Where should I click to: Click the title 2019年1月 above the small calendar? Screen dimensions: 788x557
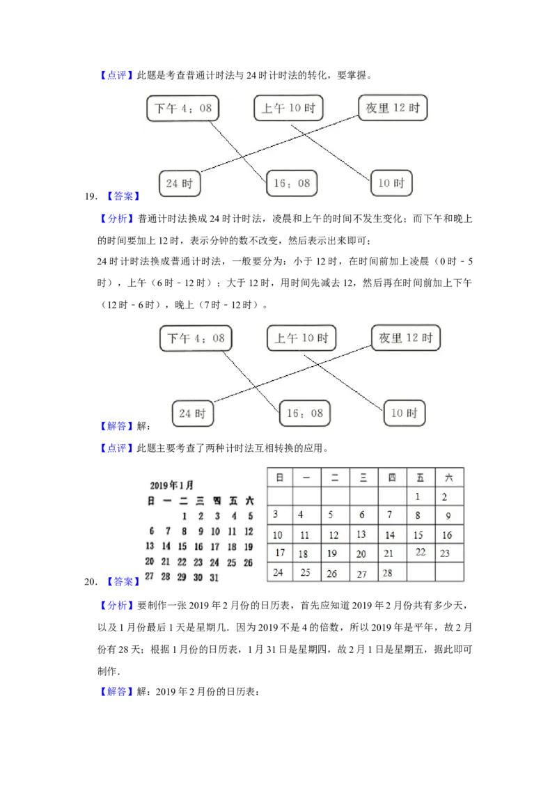pos(171,485)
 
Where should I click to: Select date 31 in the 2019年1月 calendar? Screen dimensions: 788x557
pos(214,578)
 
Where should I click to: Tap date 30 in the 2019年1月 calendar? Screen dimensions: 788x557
pos(198,578)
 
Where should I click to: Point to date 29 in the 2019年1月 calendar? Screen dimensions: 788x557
pos(182,578)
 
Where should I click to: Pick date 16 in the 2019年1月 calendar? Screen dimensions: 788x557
pos(198,547)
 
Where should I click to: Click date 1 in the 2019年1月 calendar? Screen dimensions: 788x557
pos(184,517)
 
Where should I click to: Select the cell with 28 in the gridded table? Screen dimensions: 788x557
pos(389,573)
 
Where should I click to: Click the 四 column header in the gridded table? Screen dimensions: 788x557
pos(392,478)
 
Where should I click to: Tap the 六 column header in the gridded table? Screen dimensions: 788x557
pos(449,478)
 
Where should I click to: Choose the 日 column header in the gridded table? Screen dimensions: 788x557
pos(279,478)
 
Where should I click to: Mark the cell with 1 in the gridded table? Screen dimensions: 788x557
pos(418,497)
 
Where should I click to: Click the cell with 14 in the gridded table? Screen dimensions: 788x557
pos(390,535)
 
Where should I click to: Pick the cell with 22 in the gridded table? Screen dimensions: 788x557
pos(421,552)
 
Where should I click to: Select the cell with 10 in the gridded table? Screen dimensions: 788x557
pos(278,535)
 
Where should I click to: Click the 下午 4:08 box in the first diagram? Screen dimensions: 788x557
pos(183,109)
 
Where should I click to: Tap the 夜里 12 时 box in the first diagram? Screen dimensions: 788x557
pos(393,108)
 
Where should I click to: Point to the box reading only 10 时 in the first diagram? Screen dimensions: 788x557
pos(391,183)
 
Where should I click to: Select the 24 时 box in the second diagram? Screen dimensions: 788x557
pos(193,413)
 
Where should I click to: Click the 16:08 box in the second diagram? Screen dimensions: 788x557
pos(305,413)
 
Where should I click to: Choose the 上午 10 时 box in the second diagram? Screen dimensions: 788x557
pos(301,338)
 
